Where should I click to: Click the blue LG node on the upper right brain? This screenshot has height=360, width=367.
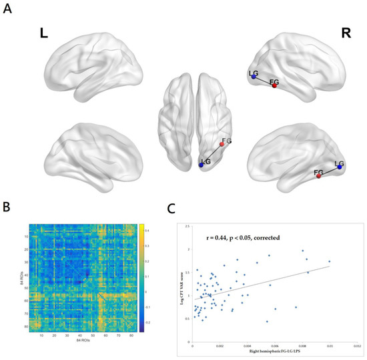(254, 78)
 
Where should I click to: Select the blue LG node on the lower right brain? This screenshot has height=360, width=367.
(340, 167)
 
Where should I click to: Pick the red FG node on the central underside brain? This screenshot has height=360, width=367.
(222, 144)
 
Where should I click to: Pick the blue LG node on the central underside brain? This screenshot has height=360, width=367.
(202, 164)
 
